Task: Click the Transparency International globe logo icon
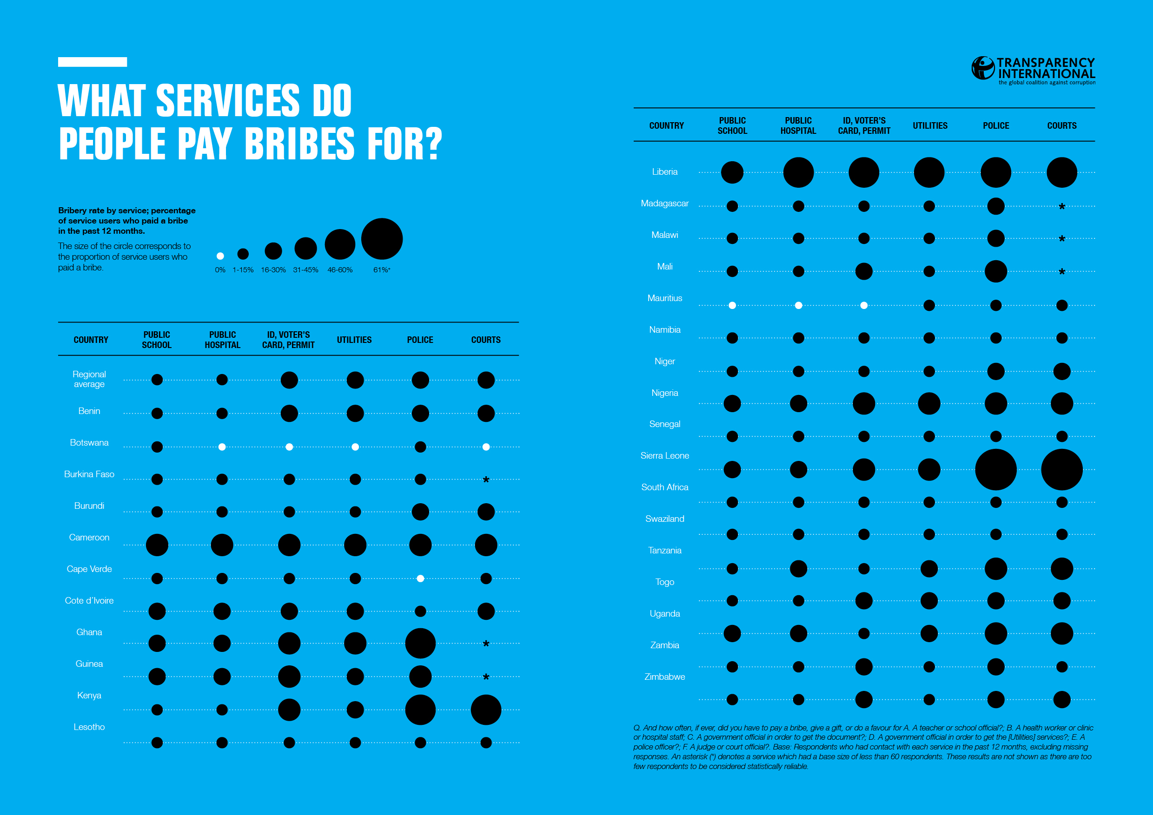[983, 68]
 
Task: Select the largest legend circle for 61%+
[382, 239]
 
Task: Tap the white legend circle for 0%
[220, 256]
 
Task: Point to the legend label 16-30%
[273, 270]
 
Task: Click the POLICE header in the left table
[420, 340]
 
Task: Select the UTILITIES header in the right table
[930, 125]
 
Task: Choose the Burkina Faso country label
[89, 474]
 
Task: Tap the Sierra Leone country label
[664, 456]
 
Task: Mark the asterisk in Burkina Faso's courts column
[485, 480]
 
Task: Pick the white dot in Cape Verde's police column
[420, 578]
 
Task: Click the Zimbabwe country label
[664, 677]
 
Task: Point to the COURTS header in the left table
[485, 340]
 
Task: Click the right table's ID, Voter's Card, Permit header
[864, 125]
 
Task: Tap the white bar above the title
[93, 62]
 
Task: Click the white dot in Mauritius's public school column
[732, 306]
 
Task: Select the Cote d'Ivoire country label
[89, 601]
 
